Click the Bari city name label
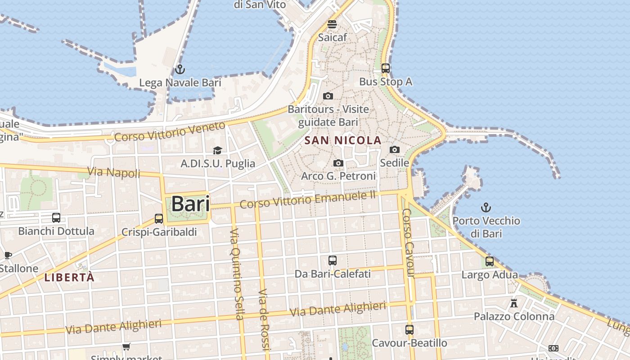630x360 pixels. (x=190, y=204)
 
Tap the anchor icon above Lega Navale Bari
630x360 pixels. (x=180, y=69)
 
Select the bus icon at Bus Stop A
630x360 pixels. (x=386, y=68)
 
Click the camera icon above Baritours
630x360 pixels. (x=328, y=96)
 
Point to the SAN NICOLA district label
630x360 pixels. (x=343, y=140)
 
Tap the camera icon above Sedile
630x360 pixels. (x=395, y=149)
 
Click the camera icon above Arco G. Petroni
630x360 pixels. (x=338, y=163)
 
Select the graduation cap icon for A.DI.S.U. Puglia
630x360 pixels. (x=218, y=150)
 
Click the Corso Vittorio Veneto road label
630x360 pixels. (x=169, y=131)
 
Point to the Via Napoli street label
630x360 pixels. (x=113, y=172)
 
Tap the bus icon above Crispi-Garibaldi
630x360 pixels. (x=159, y=219)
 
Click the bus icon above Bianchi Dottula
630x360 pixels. (x=56, y=218)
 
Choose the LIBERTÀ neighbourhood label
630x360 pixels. (x=69, y=278)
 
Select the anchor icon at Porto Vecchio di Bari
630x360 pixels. (x=486, y=207)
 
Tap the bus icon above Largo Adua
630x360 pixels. (x=490, y=261)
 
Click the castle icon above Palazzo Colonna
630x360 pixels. (x=514, y=303)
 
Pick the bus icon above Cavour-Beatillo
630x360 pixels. (x=409, y=329)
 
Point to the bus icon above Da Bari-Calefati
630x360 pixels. (x=333, y=260)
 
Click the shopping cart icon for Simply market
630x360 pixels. (x=126, y=346)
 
